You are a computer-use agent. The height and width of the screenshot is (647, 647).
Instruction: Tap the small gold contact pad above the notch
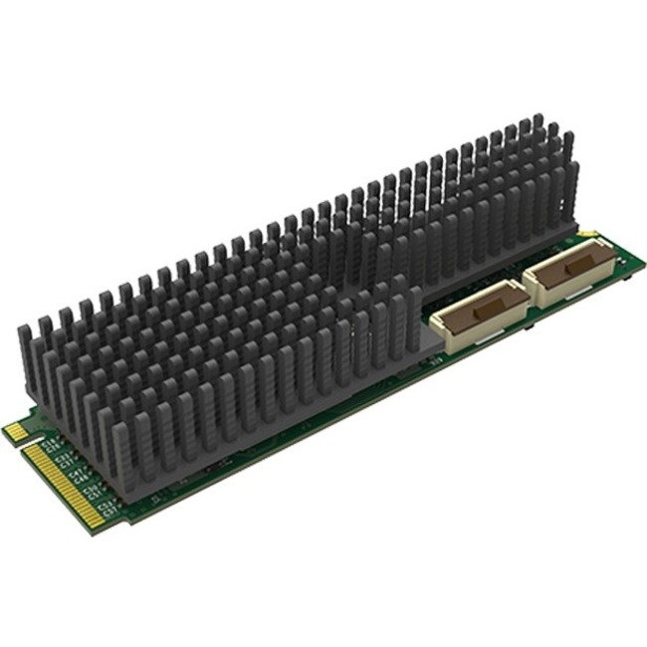14,431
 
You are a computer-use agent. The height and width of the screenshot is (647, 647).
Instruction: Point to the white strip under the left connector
476,339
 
